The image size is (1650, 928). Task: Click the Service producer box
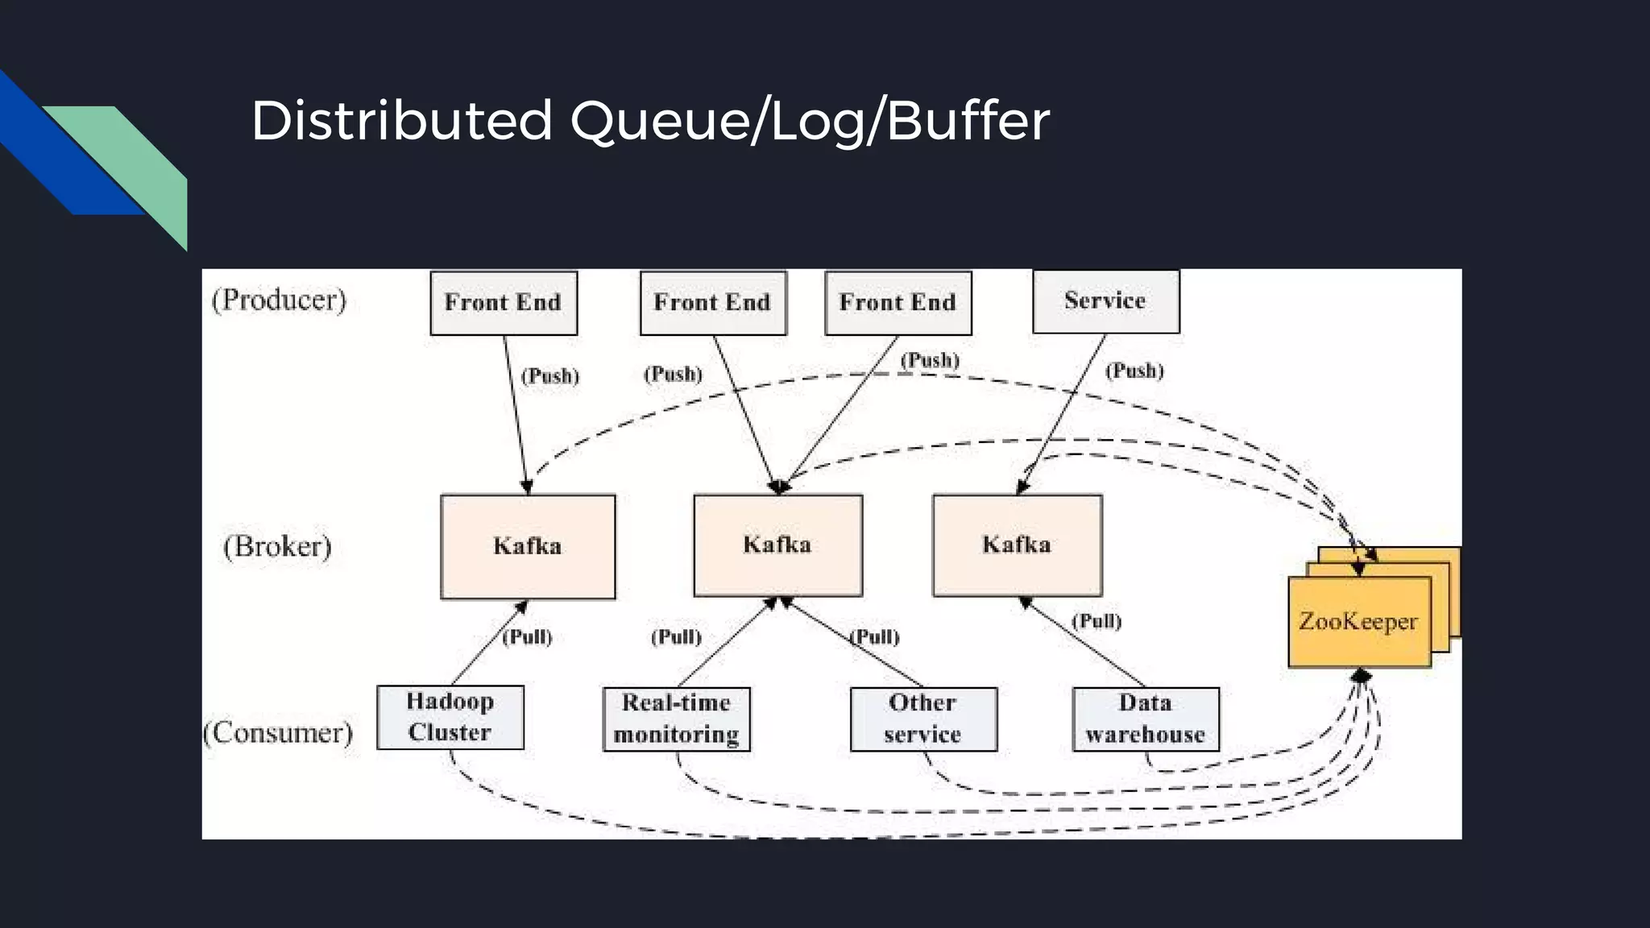pyautogui.click(x=1105, y=301)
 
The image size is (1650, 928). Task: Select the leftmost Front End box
pyautogui.click(x=504, y=303)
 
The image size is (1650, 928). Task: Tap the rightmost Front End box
pyautogui.click(x=898, y=303)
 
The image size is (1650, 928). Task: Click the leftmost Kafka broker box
pyautogui.click(x=528, y=546)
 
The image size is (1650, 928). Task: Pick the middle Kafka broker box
pyautogui.click(x=777, y=545)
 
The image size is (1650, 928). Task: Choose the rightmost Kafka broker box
pyautogui.click(x=1017, y=545)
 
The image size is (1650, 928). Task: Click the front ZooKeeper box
pyautogui.click(x=1358, y=622)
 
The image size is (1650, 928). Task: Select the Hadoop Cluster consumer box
pyautogui.click(x=450, y=717)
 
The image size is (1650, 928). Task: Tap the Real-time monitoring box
pyautogui.click(x=676, y=719)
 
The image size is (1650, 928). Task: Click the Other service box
pyautogui.click(x=923, y=719)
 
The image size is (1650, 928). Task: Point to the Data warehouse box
pyautogui.click(x=1145, y=719)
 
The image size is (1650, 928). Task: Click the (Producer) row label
pyautogui.click(x=279, y=300)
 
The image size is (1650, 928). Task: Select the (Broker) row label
pyautogui.click(x=277, y=546)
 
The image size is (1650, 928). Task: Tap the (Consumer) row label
pyautogui.click(x=278, y=732)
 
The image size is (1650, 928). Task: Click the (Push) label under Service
pyautogui.click(x=1134, y=371)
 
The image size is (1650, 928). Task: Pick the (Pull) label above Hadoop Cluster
pyautogui.click(x=527, y=637)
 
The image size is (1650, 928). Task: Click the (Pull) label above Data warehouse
pyautogui.click(x=1096, y=621)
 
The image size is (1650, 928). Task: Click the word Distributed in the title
pyautogui.click(x=401, y=121)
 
